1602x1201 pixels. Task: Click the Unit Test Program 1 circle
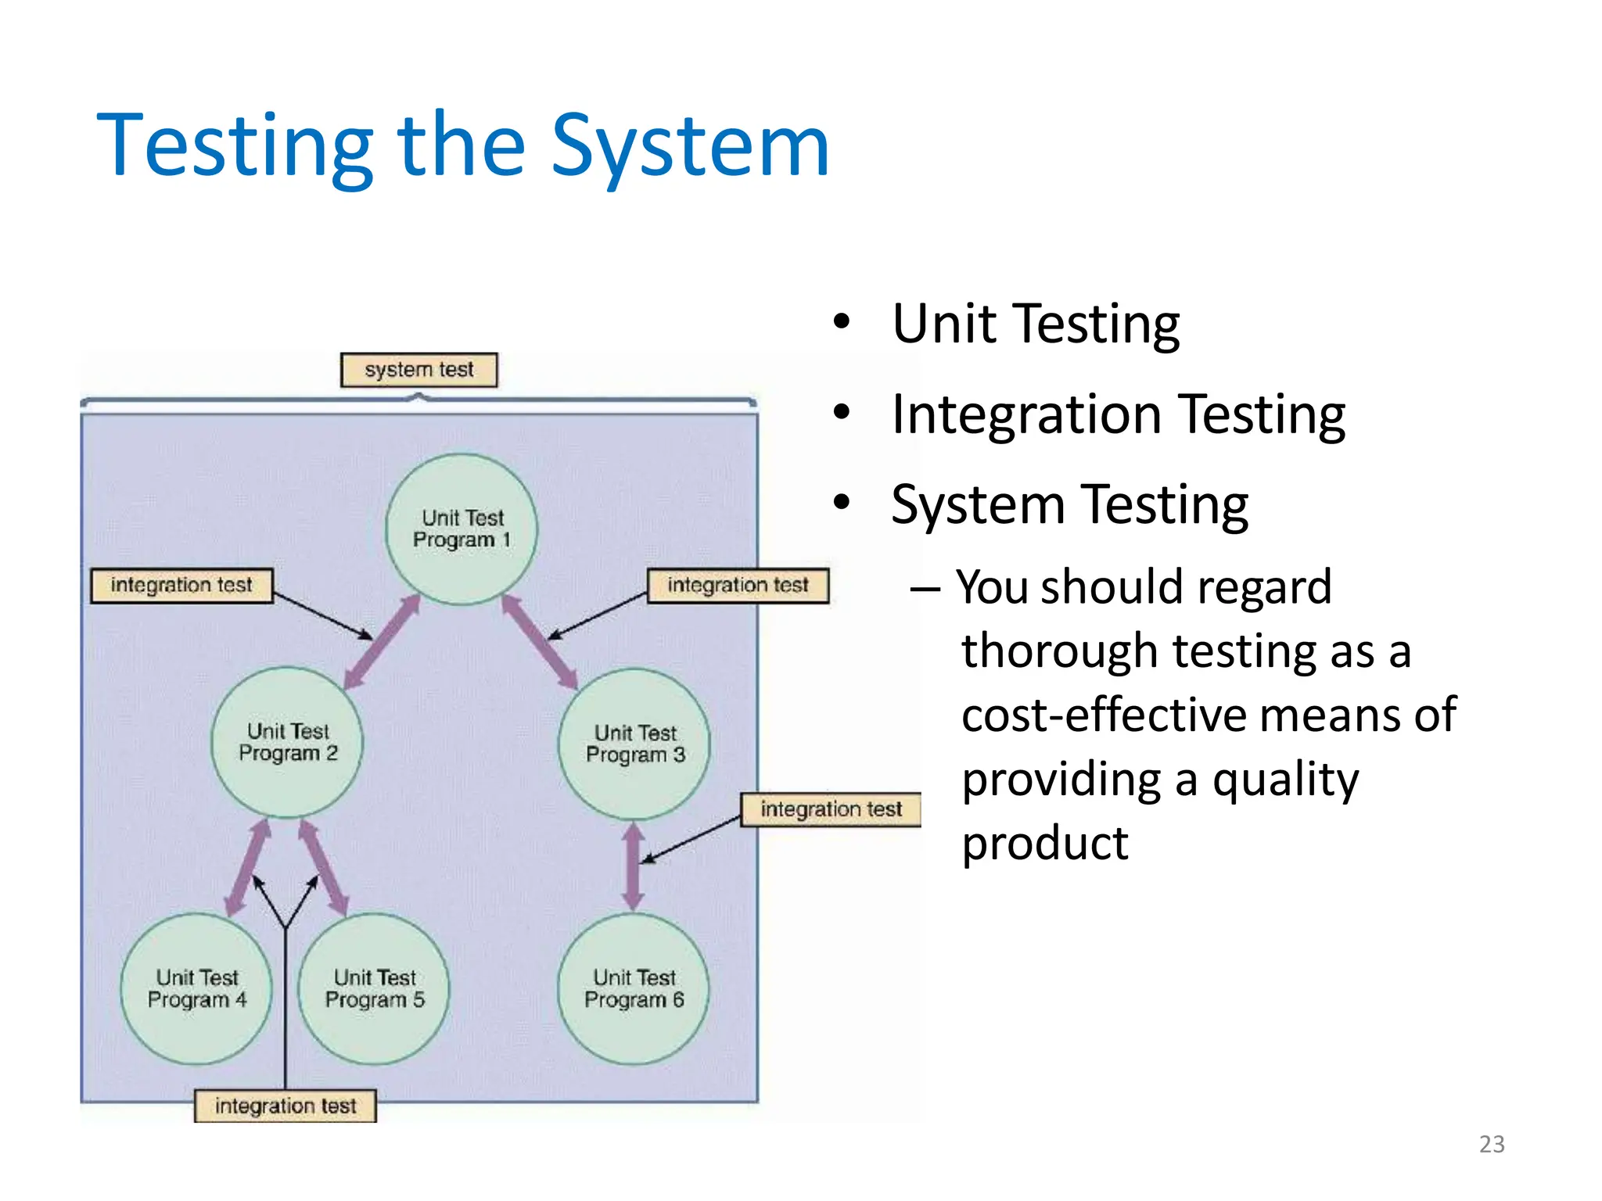click(x=462, y=529)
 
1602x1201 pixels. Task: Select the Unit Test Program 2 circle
click(x=287, y=742)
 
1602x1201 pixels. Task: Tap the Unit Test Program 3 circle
click(x=634, y=744)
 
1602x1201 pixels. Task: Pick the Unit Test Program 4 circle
click(x=196, y=988)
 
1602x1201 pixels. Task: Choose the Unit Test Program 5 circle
click(x=374, y=988)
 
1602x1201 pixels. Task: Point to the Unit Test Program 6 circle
click(x=634, y=988)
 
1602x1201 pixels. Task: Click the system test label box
click(x=418, y=370)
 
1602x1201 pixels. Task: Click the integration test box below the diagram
click(x=286, y=1106)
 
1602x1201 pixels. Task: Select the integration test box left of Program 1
click(x=181, y=586)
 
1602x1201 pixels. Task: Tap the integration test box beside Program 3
click(x=831, y=809)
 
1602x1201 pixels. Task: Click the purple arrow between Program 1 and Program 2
click(x=382, y=643)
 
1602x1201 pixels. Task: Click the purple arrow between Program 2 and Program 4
click(x=248, y=868)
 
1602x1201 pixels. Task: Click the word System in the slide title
click(x=690, y=146)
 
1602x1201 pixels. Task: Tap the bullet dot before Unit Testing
click(x=841, y=322)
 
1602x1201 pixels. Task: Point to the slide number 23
click(x=1492, y=1144)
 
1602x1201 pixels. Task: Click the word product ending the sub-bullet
click(x=1045, y=844)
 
